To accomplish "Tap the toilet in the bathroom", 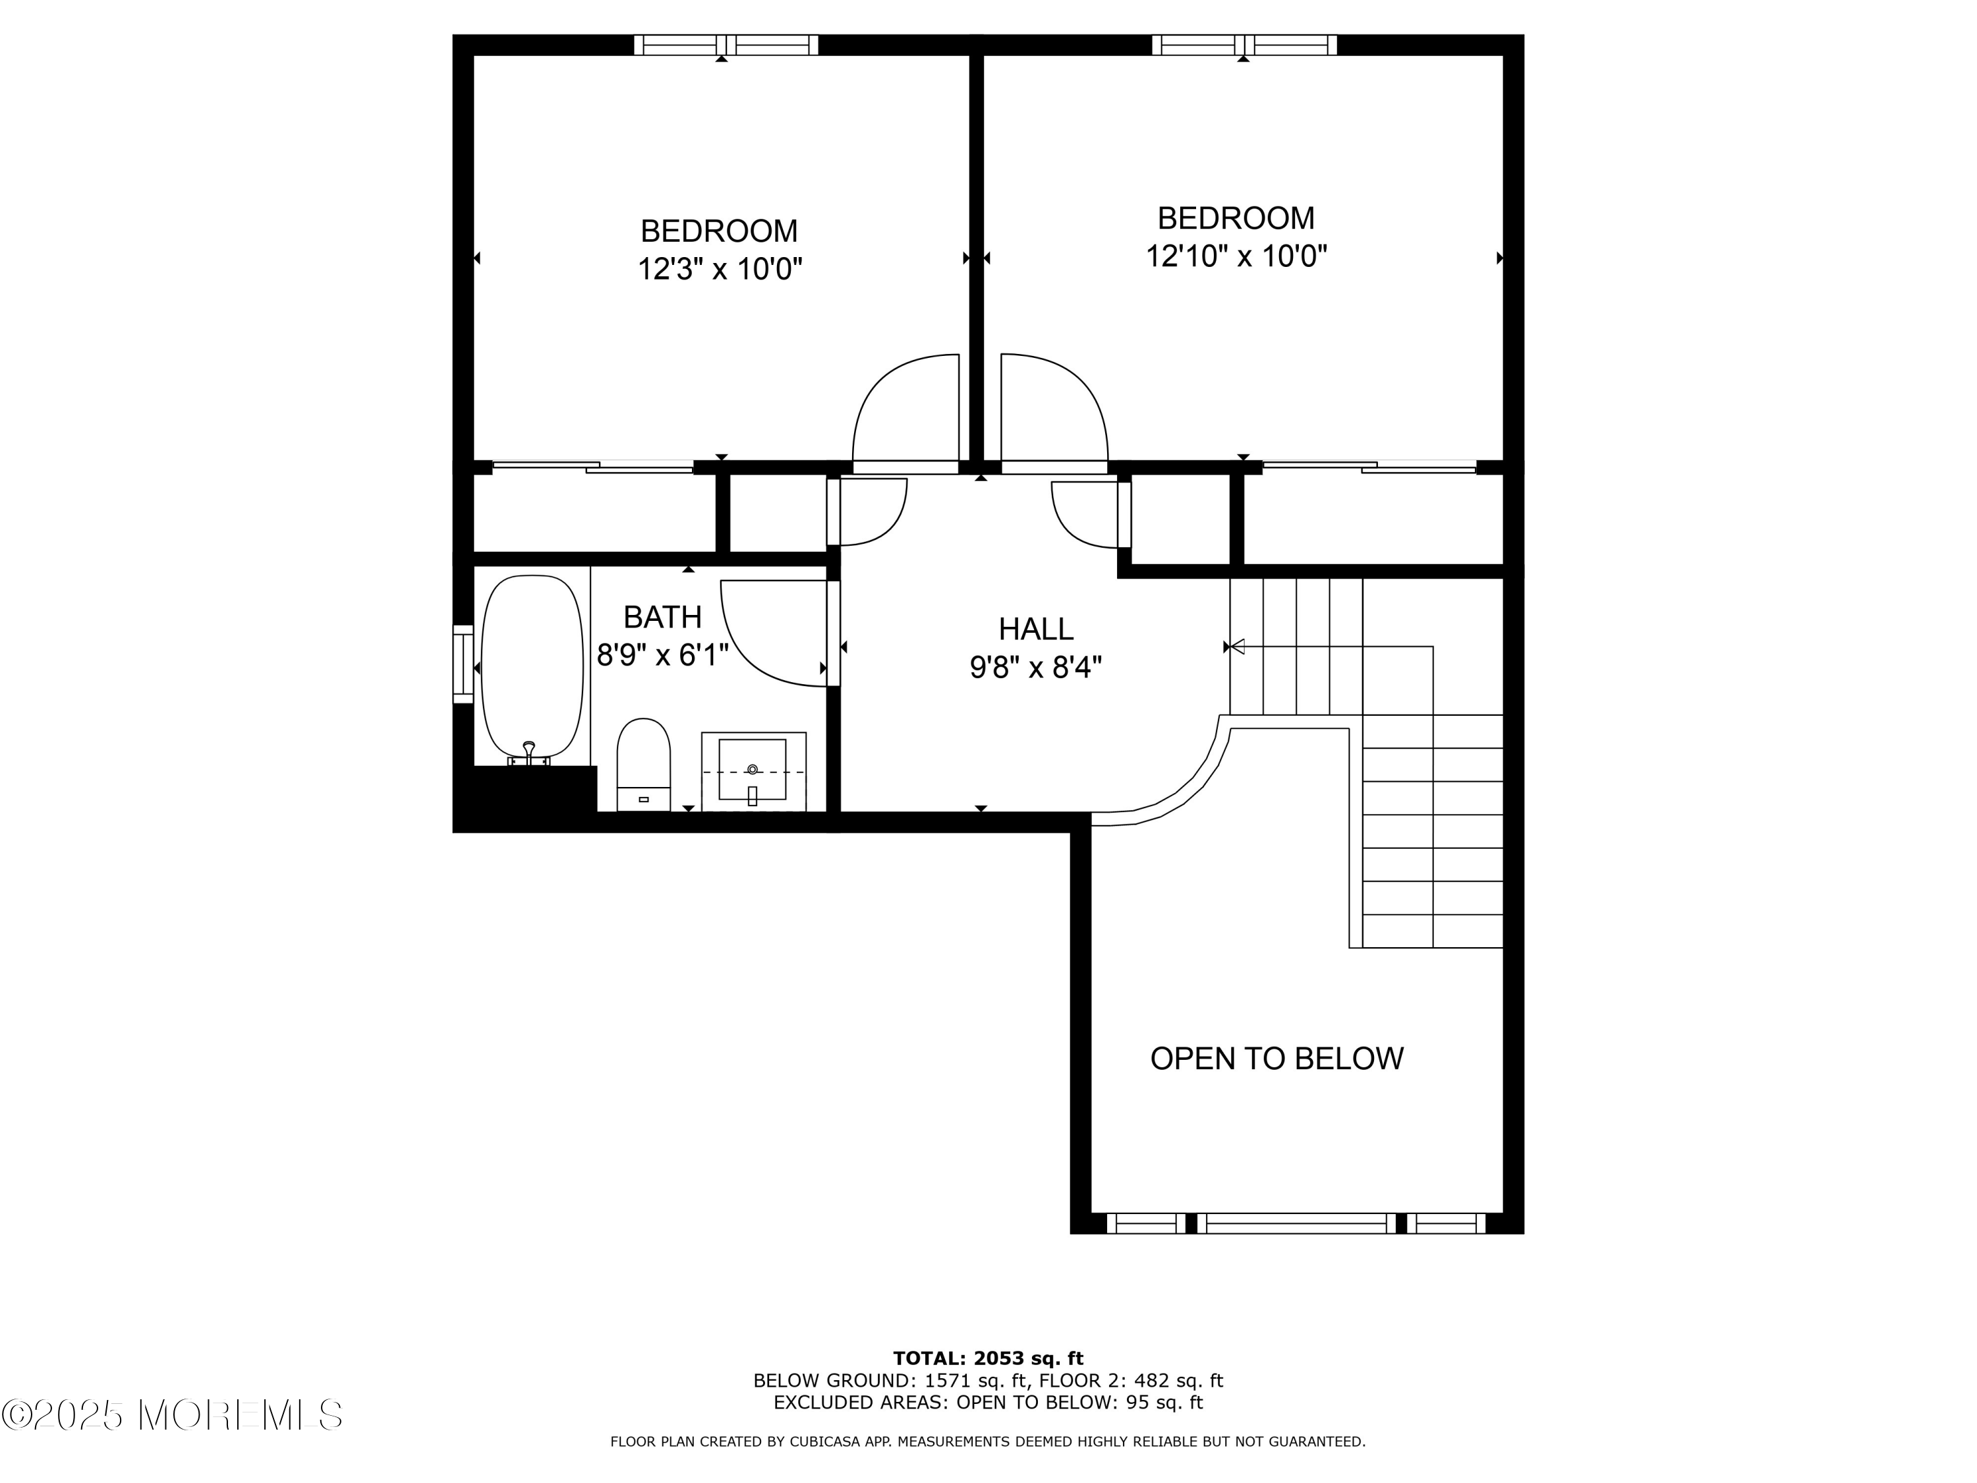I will (643, 765).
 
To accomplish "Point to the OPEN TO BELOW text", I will (1276, 1059).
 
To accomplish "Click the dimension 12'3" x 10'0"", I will (720, 269).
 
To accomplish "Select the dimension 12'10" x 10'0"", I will (1236, 256).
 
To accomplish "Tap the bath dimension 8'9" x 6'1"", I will (662, 655).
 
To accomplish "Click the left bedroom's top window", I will (726, 45).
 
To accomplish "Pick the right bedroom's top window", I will (1244, 45).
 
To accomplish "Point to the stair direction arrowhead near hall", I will (1237, 647).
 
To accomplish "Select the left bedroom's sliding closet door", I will (592, 467).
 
